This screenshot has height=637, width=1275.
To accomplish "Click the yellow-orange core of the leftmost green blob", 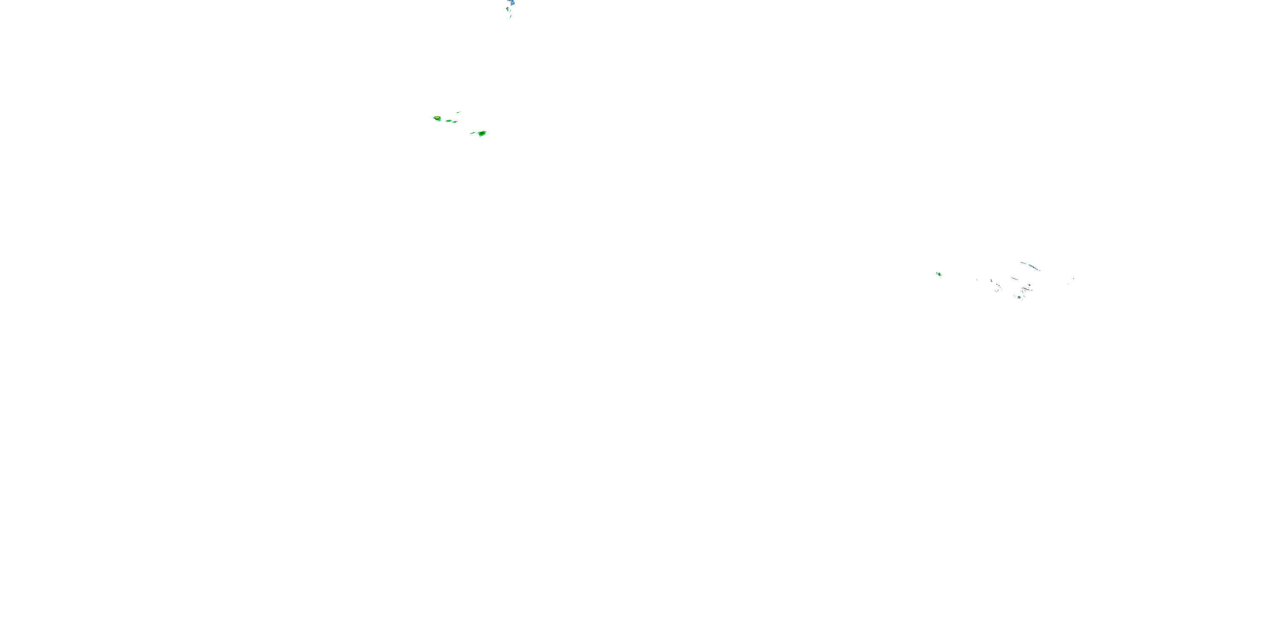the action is pos(437,118).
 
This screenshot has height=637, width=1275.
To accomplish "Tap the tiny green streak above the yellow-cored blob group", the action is pos(458,113).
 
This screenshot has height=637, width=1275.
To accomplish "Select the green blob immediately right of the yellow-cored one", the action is pos(449,121).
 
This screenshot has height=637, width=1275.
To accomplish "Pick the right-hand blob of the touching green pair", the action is pos(455,122).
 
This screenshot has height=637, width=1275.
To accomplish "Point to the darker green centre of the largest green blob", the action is pos(482,133).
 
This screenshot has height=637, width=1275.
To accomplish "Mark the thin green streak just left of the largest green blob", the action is pos(473,133).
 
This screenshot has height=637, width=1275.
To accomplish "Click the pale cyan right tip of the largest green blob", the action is pos(486,132).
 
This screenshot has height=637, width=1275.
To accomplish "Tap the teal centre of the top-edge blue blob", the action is pos(512,3).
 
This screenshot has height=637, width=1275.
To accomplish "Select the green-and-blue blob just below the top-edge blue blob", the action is pos(508,9).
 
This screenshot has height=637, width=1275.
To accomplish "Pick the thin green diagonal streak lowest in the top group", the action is pos(511,17).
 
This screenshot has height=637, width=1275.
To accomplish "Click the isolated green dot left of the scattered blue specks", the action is pos(939,274).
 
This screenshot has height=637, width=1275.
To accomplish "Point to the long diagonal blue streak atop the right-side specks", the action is pos(1034,268).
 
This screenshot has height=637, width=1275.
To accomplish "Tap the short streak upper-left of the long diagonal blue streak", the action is pos(1023,263).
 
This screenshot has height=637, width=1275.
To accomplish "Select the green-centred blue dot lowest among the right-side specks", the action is pos(1019,297).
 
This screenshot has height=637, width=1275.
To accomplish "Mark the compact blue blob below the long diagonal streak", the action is pos(1029,285).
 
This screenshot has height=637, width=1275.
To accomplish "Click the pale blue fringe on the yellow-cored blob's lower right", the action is pos(440,120).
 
